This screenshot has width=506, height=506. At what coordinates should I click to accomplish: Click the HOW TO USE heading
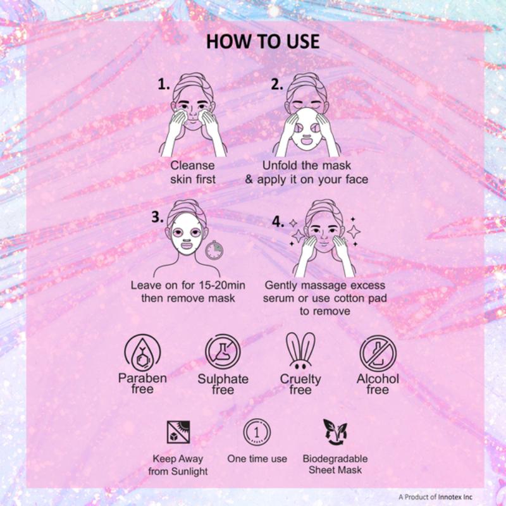pos(262,42)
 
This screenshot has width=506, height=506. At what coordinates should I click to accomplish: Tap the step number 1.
pos(163,84)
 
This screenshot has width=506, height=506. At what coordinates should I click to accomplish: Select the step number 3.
pos(157,217)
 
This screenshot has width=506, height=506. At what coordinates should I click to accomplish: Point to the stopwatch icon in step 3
pos(214,249)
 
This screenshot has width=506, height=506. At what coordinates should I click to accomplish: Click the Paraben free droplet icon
pos(142,353)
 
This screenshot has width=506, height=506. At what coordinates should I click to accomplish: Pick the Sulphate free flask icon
pos(223,352)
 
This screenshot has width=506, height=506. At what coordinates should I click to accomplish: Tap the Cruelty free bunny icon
pos(300,351)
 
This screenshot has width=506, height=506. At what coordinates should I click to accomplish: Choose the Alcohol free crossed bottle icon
pos(378,353)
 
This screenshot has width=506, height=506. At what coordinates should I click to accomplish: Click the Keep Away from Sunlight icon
pos(178,432)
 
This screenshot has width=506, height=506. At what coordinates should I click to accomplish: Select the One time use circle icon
pos(257,432)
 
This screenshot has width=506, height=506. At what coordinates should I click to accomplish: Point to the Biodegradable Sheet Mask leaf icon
pos(335,432)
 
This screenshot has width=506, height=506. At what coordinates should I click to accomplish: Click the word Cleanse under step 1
pos(193,166)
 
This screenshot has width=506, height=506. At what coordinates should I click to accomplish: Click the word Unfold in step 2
pos(280,165)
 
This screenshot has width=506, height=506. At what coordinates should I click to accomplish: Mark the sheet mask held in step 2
pos(307,129)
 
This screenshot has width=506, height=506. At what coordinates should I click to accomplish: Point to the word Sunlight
pos(189,471)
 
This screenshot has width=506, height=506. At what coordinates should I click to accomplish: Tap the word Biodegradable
pos(335,459)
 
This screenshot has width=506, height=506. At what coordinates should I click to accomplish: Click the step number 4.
pos(278,222)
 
